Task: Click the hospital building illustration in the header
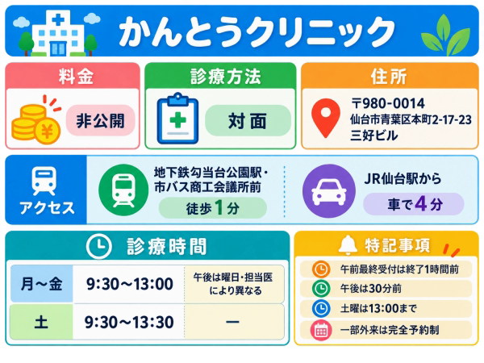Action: [x=57, y=33]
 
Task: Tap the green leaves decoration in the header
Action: [x=445, y=35]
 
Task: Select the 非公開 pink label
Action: [x=100, y=120]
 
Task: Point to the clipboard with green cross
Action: [x=177, y=119]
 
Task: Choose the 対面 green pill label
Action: [x=248, y=120]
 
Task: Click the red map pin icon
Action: [x=326, y=118]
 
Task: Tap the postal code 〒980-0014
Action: [x=388, y=103]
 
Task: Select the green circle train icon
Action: [x=123, y=190]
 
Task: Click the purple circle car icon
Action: [x=329, y=190]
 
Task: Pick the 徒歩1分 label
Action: [x=213, y=208]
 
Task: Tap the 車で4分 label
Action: [x=414, y=204]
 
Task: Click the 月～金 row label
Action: [x=42, y=283]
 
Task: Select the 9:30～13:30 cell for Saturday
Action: [x=129, y=322]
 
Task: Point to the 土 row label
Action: [x=41, y=322]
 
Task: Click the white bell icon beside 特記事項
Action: [x=348, y=244]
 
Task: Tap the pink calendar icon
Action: [x=321, y=330]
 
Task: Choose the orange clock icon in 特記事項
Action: [x=321, y=269]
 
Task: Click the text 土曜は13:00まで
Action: [x=378, y=308]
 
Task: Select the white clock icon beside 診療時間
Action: [x=98, y=246]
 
